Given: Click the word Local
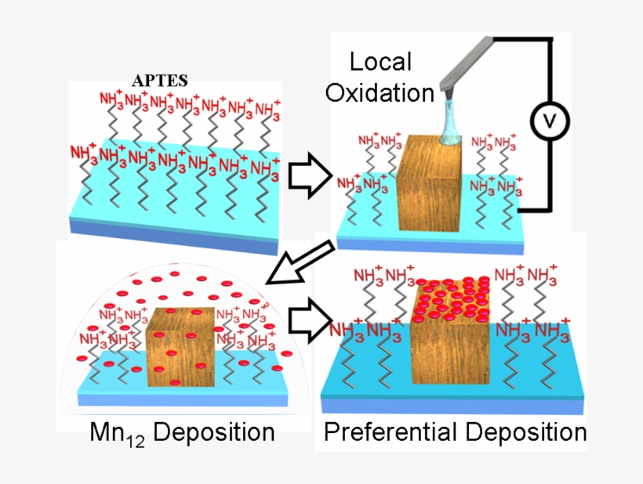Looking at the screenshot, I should pos(380,62).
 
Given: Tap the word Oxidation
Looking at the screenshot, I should pos(380,92).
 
